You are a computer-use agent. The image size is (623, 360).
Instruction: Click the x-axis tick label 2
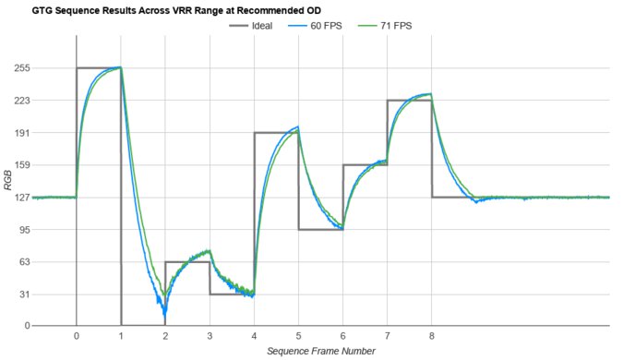click(x=165, y=336)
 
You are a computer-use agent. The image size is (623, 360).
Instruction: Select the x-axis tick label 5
click(x=298, y=336)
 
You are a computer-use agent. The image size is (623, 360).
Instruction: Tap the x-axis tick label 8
click(x=431, y=336)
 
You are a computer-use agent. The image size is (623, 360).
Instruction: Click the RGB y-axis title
click(x=8, y=197)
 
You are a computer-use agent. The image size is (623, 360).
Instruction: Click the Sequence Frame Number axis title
click(x=320, y=352)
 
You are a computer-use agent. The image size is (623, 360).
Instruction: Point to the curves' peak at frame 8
click(x=429, y=94)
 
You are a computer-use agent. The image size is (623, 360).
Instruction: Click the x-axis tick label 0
click(x=77, y=336)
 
